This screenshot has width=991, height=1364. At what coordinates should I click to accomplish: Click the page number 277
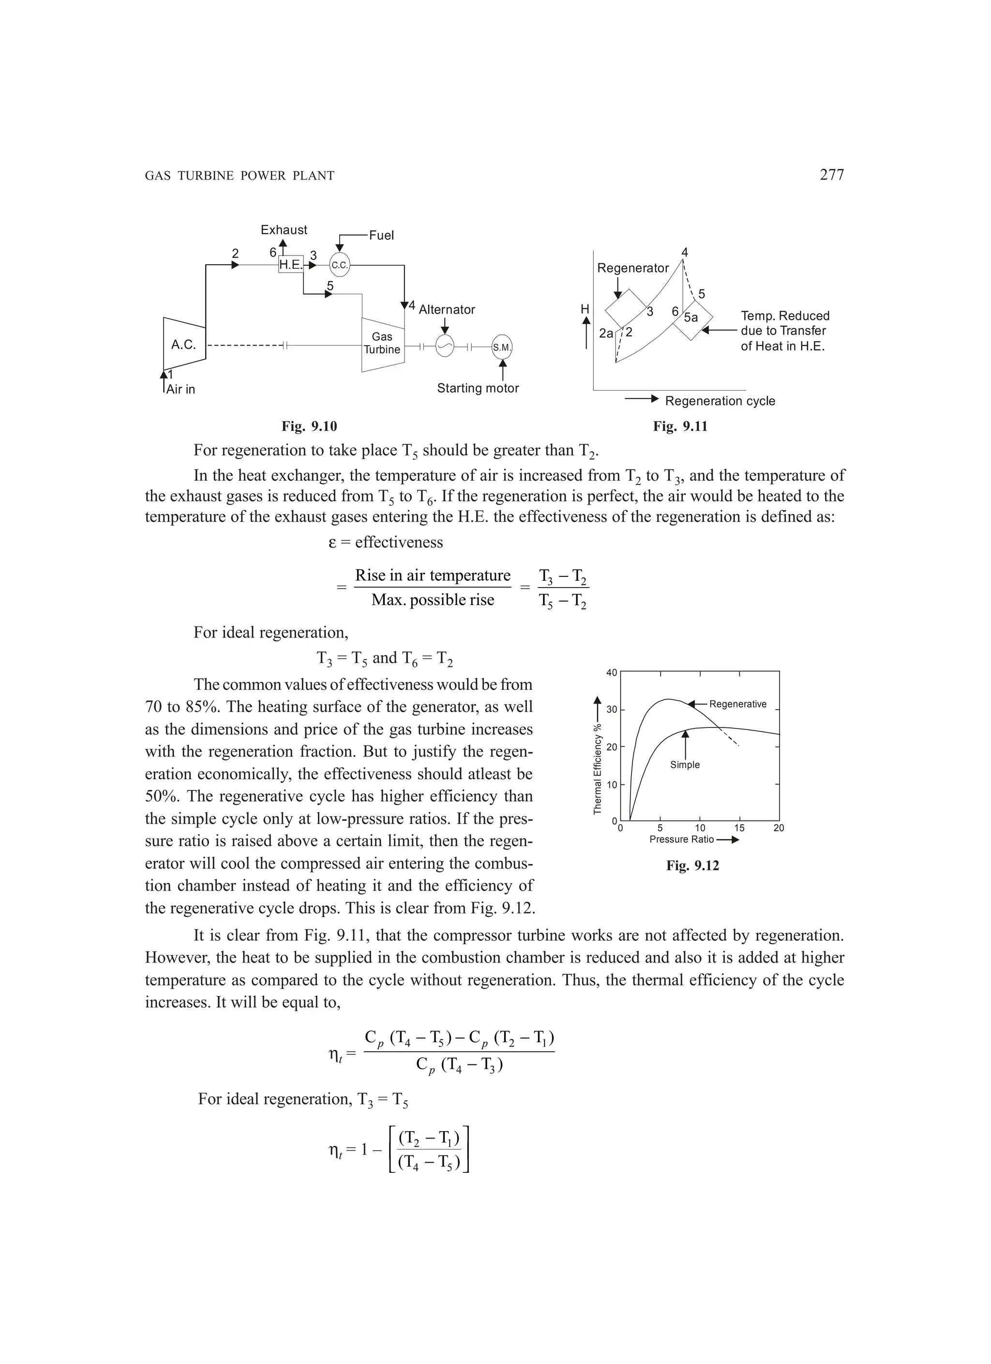coord(832,175)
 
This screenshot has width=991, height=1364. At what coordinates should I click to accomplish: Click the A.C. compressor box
coord(184,345)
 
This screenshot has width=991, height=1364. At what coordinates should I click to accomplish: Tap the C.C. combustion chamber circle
coord(340,265)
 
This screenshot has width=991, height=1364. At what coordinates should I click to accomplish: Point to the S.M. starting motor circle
coord(502,347)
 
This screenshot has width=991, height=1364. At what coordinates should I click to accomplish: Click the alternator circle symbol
coord(445,347)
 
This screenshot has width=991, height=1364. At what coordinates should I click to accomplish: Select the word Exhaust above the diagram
coord(284,230)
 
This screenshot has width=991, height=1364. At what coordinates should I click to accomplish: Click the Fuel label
coord(381,235)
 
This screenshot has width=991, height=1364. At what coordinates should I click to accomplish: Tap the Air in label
coord(180,389)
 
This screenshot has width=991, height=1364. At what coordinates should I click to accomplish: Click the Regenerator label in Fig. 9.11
coord(632,268)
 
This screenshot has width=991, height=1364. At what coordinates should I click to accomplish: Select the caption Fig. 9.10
coord(309,426)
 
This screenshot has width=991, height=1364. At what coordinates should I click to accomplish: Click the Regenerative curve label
coord(738,704)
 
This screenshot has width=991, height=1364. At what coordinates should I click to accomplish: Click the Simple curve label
coord(685,764)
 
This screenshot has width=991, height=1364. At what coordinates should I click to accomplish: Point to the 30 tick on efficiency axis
coord(612,710)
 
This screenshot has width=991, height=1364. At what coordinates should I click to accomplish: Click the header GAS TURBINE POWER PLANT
coord(240,176)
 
